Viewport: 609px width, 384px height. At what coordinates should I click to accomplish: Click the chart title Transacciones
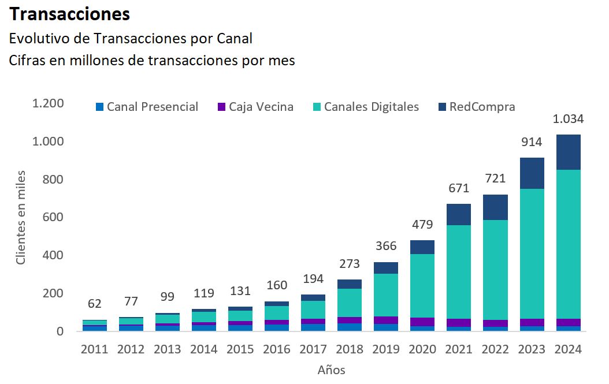coord(70,13)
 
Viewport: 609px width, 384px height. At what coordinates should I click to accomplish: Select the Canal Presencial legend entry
coord(147,107)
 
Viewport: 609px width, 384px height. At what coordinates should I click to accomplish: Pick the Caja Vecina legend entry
coord(255,107)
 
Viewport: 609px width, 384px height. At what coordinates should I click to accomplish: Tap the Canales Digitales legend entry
coord(366,107)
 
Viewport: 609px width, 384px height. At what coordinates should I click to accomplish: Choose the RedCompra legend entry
coord(476,107)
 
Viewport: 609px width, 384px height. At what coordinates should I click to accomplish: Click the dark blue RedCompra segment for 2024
coord(569,152)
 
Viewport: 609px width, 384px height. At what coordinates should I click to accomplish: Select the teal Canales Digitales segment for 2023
coord(532,253)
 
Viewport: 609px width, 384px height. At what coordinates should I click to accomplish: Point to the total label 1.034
coord(569,120)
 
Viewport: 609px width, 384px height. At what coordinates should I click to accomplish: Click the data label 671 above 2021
coord(459,188)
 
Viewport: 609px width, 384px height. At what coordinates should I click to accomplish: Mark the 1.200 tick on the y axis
coord(48,103)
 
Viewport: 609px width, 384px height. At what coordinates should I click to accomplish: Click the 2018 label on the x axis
coord(350,349)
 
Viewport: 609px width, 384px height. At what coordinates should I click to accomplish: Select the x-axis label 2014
coord(204,349)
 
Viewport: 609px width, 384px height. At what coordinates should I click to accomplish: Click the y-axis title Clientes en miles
coord(21,217)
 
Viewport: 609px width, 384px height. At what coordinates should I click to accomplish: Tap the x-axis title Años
coord(331,370)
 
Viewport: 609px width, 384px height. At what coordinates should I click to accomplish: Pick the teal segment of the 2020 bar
coord(422,286)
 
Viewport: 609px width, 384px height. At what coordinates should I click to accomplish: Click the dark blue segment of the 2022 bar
coord(496,207)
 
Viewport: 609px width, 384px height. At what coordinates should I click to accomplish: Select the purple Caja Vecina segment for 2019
coord(386,320)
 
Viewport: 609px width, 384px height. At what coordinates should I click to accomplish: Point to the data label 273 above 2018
coord(350,264)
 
